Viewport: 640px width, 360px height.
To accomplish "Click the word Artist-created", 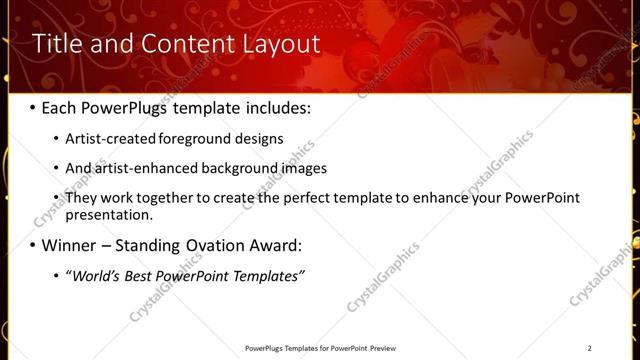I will click(111, 139).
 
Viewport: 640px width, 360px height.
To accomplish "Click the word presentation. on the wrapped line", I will click(109, 215).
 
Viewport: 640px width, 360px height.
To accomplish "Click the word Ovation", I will click(223, 246).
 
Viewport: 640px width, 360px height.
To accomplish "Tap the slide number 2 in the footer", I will click(589, 348).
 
